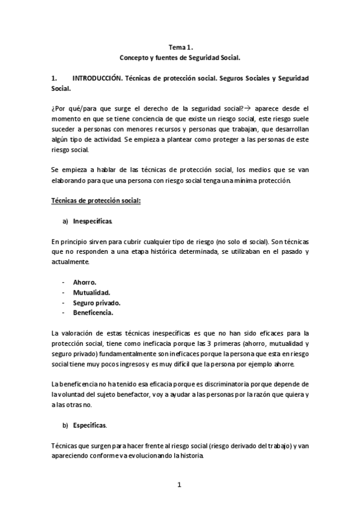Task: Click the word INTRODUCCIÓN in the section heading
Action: (x=98, y=79)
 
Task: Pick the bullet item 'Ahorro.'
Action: (x=85, y=281)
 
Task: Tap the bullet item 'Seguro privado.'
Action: (x=96, y=303)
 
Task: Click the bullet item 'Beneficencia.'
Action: (x=93, y=313)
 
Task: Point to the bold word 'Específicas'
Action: (x=90, y=425)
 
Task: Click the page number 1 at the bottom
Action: (x=179, y=485)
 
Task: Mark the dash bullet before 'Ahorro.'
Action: (x=63, y=281)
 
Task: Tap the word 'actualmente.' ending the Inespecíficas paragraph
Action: (x=69, y=262)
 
